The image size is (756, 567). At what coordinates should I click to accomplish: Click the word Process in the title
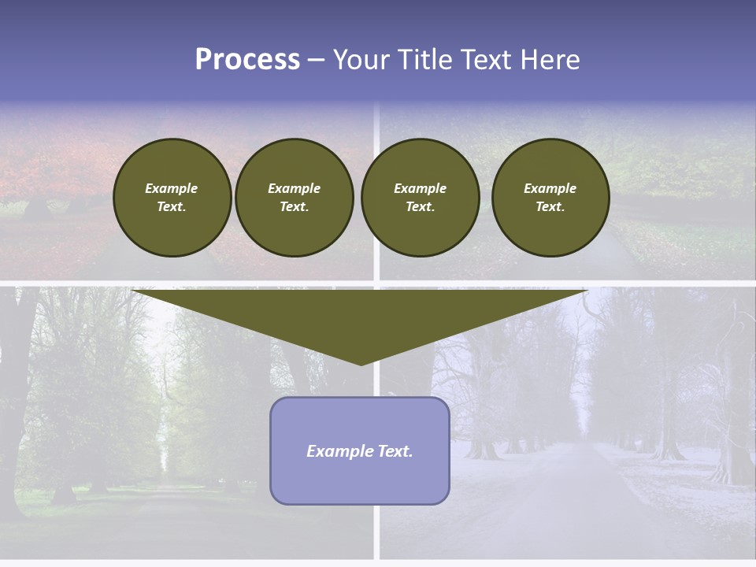(247, 60)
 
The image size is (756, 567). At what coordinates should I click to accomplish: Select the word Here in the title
(550, 60)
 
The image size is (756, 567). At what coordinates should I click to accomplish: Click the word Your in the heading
(361, 60)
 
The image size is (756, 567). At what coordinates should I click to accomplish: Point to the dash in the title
(316, 61)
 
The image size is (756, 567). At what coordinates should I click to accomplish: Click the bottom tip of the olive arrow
(361, 363)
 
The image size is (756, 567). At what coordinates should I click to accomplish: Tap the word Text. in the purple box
(395, 451)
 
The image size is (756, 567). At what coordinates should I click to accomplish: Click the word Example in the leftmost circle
(172, 188)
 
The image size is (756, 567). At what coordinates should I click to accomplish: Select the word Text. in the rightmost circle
(550, 206)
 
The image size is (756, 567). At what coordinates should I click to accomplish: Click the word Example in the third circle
(420, 188)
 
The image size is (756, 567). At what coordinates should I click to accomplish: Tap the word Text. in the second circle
(295, 206)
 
